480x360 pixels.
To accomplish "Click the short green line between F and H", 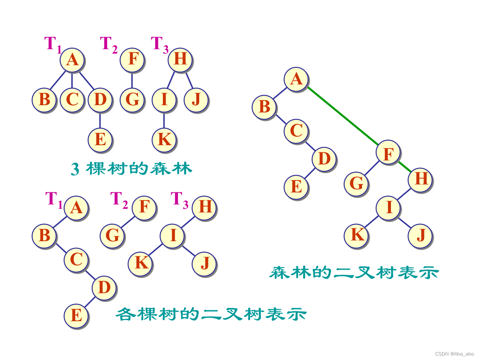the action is tap(404, 166).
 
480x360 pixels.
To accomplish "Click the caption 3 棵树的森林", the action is tap(132, 169).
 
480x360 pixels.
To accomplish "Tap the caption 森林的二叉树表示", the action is tap(354, 273).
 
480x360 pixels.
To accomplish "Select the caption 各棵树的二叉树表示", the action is tap(211, 314).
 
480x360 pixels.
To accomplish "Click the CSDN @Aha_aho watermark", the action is tap(454, 354).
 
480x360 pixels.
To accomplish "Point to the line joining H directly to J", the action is tap(189, 80).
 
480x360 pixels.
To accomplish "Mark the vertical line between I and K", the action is tap(164, 120).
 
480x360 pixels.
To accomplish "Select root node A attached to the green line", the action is tap(296, 79).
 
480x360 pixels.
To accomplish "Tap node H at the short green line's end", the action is tap(420, 179).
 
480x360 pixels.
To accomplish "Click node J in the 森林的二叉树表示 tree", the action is tap(420, 236).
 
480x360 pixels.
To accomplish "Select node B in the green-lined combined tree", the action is tap(264, 107).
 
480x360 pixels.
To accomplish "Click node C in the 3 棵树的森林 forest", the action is tap(72, 100).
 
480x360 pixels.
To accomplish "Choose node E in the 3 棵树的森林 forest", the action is tap(100, 140).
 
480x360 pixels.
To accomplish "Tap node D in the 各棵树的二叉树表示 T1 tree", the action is tap(104, 288).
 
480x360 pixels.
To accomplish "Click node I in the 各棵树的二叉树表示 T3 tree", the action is tap(172, 236).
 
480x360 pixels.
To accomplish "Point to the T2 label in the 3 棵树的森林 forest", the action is tap(108, 44).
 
